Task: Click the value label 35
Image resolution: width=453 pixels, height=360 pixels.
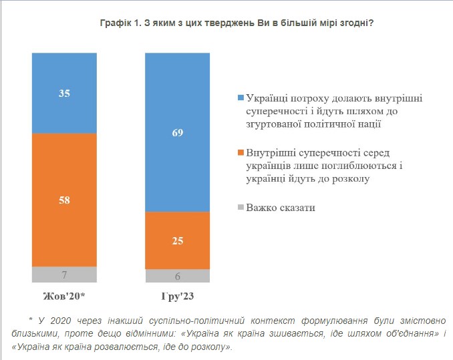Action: click(x=64, y=94)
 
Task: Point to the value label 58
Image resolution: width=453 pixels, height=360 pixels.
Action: click(x=64, y=200)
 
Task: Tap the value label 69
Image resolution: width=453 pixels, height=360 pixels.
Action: click(x=178, y=133)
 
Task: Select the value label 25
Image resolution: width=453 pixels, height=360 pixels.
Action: click(x=178, y=240)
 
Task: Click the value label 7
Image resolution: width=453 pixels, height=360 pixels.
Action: click(x=64, y=275)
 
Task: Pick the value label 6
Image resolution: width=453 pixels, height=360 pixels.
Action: click(x=178, y=276)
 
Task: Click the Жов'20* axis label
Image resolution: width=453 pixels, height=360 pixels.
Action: click(x=64, y=295)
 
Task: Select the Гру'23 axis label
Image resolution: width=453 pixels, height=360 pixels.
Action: click(x=178, y=295)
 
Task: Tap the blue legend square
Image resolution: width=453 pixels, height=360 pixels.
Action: click(x=241, y=98)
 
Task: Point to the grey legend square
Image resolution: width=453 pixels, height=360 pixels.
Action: click(x=241, y=208)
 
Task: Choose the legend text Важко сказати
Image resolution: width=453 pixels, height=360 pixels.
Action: click(x=281, y=208)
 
